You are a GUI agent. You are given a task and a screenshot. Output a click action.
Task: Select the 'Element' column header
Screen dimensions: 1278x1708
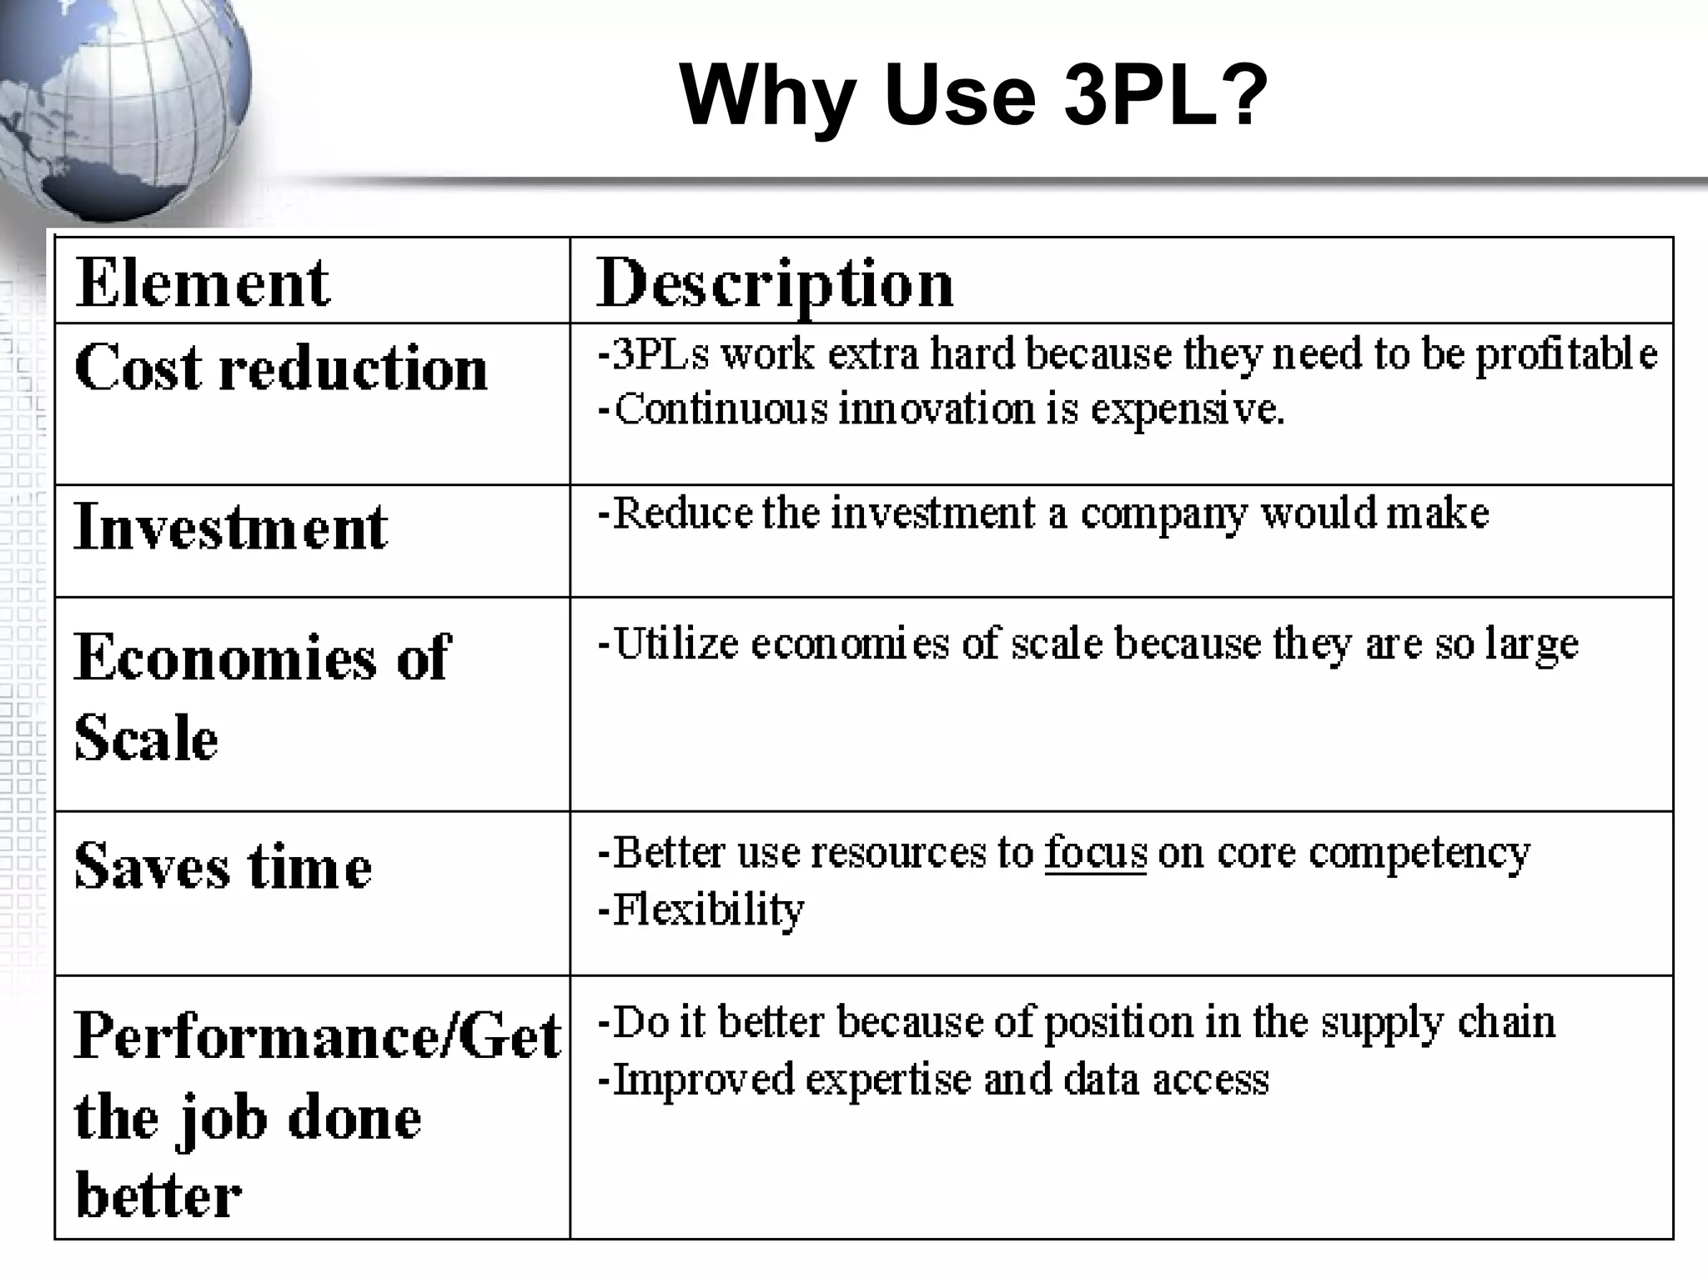click(203, 283)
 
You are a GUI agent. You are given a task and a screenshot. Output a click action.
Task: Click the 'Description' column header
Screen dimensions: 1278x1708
click(775, 284)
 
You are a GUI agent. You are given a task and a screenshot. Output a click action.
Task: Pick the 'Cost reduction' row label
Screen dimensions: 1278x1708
click(281, 368)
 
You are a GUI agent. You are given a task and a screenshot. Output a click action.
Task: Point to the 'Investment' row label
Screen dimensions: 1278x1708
click(231, 527)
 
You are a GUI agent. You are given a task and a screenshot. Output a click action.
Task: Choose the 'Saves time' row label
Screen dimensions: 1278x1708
click(223, 866)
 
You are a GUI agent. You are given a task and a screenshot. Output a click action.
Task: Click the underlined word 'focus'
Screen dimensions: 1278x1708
click(1096, 853)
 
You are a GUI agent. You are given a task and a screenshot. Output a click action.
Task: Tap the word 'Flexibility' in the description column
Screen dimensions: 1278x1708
click(708, 910)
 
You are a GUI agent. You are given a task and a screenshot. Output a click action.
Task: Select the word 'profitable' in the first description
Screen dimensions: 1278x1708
click(1565, 354)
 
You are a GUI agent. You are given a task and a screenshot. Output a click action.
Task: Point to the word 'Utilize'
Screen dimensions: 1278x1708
click(676, 644)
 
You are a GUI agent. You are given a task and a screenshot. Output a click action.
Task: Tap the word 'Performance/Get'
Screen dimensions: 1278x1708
click(317, 1036)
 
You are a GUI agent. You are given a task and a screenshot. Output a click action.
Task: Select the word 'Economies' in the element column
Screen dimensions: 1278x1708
click(226, 658)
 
